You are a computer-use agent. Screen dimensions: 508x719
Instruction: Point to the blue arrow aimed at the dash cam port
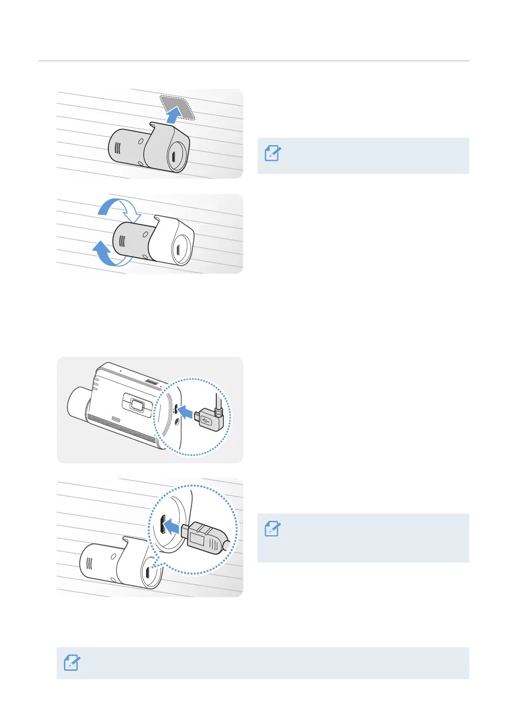click(x=186, y=412)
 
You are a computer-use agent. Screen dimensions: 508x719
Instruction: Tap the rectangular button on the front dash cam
click(x=137, y=405)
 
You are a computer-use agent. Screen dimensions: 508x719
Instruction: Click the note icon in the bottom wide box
click(x=72, y=663)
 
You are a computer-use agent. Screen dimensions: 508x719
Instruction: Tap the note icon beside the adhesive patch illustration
click(x=273, y=153)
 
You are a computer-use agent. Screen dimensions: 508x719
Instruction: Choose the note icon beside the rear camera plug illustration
click(x=273, y=529)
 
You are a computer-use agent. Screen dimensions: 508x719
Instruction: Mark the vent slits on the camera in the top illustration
click(x=118, y=148)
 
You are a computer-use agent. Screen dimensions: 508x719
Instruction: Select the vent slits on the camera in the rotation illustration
click(x=122, y=242)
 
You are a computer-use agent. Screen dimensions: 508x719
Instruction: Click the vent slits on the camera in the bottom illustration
click(x=90, y=563)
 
